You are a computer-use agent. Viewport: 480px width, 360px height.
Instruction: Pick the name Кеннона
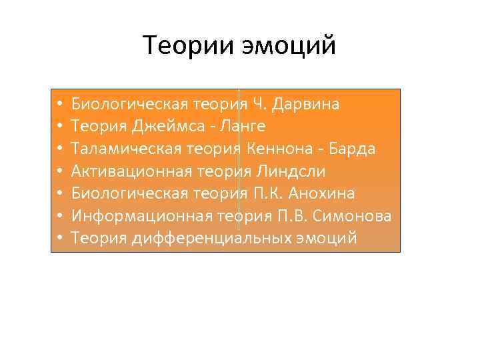[x=278, y=149]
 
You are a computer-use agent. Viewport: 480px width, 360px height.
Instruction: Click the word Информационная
[x=142, y=216]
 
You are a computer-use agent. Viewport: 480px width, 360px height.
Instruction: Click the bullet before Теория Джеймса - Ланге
[x=60, y=127]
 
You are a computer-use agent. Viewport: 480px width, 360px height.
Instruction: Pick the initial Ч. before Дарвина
[x=260, y=105]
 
